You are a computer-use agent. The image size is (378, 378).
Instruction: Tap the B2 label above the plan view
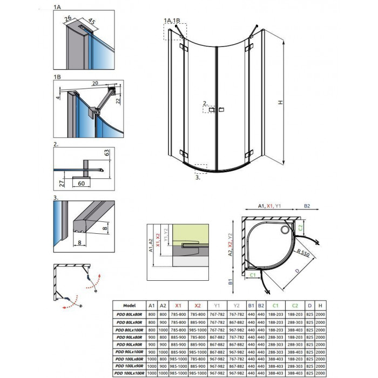pos(307,206)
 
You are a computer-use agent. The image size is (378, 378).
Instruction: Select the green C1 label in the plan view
pos(253,275)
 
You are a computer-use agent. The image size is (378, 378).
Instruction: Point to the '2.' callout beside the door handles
pos(205,103)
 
